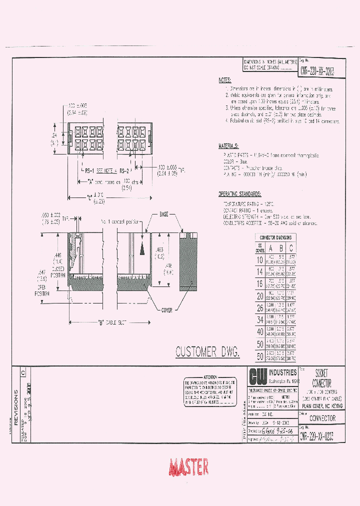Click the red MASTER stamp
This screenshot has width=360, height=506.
(188, 467)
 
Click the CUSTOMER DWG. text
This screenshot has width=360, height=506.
(207, 352)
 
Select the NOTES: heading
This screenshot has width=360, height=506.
(225, 80)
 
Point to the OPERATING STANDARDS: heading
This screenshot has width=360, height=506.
(239, 193)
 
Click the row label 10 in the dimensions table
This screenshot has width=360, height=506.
(259, 260)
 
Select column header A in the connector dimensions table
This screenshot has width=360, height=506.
(271, 248)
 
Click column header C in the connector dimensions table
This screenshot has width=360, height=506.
(291, 248)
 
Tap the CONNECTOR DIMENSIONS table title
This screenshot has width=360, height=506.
(275, 237)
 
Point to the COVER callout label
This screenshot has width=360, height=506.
(166, 310)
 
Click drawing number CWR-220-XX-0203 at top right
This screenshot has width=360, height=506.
(317, 72)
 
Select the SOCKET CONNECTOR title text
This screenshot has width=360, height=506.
(320, 378)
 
